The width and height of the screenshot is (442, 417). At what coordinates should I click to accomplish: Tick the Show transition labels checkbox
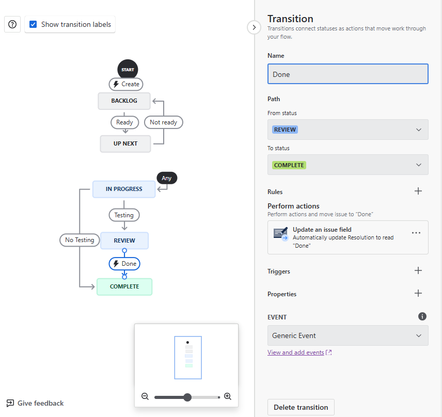point(34,24)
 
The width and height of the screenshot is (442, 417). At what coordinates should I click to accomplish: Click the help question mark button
point(13,24)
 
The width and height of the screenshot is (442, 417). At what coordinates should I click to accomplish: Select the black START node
point(128,70)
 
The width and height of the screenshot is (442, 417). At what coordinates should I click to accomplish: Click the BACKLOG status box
point(124,101)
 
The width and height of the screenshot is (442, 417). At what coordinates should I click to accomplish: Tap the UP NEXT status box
point(125,143)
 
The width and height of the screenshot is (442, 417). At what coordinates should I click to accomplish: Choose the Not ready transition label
point(163,122)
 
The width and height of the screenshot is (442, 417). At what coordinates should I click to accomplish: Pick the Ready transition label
point(124,122)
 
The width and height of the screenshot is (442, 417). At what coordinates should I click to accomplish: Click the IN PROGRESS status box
point(124,189)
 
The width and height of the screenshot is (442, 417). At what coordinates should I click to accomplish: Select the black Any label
point(167,178)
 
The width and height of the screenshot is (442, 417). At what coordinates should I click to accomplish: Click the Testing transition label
point(124,215)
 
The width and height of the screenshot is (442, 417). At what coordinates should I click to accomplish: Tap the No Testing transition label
point(80,240)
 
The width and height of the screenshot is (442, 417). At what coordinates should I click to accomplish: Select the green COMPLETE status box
point(124,286)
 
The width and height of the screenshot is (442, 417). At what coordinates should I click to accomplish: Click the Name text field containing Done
point(348,74)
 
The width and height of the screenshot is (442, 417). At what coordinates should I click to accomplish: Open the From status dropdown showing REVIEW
point(348,130)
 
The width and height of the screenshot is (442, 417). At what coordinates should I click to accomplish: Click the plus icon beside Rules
point(418,191)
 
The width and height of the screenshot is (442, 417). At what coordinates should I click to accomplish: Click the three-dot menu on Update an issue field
point(416,233)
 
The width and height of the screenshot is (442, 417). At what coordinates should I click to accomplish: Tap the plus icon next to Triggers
point(418,271)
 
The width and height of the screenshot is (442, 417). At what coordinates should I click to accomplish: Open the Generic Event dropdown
point(348,335)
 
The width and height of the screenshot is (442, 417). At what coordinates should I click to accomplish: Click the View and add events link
point(296,352)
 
